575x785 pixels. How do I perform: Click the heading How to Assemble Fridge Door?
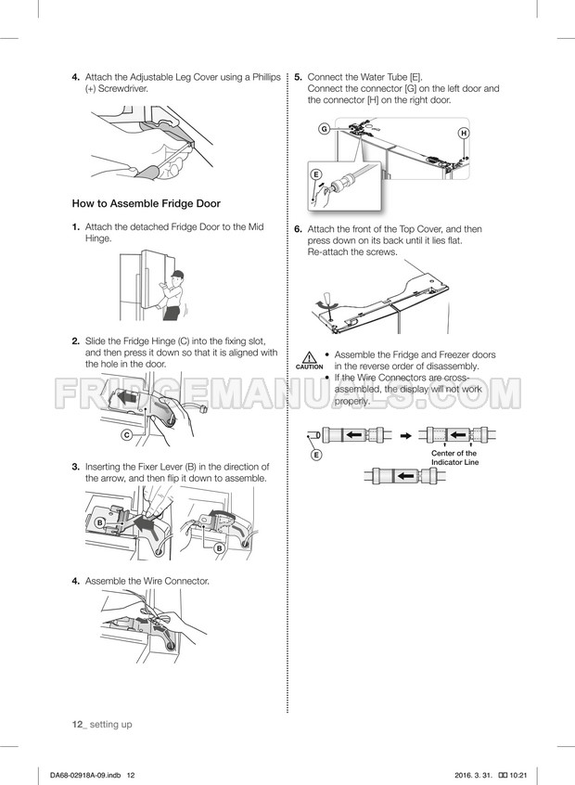[x=147, y=204]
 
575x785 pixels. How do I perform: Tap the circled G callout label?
[x=325, y=129]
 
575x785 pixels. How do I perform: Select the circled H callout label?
[x=464, y=134]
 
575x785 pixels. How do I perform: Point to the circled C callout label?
[x=127, y=435]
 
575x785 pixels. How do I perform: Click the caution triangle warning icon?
[x=310, y=357]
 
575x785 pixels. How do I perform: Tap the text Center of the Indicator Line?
[x=454, y=457]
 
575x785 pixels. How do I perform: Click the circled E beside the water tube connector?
[x=315, y=174]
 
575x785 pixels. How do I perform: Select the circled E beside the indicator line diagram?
[x=316, y=455]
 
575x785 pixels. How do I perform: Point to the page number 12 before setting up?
[x=77, y=725]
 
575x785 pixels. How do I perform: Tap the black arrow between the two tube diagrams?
[x=406, y=435]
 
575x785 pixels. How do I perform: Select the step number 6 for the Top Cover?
[x=299, y=229]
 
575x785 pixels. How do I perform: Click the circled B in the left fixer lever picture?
[x=100, y=522]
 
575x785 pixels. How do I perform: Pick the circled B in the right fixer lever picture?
[x=219, y=548]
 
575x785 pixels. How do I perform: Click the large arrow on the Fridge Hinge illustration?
[x=126, y=398]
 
